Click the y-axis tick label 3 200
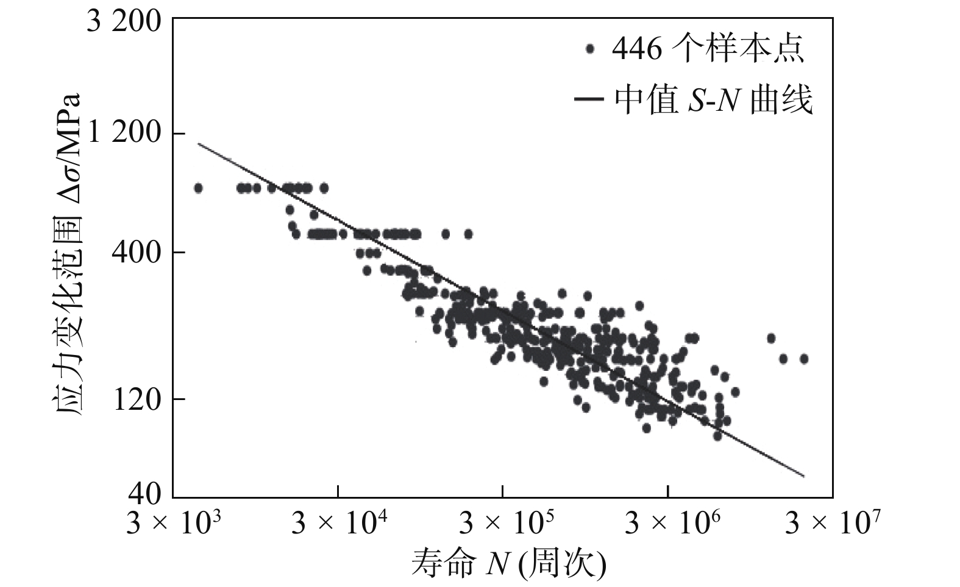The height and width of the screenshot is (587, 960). tap(124, 23)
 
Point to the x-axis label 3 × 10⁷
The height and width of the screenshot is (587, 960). tap(833, 522)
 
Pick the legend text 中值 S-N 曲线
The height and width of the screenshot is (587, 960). tap(713, 100)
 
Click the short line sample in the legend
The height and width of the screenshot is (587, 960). tap(589, 100)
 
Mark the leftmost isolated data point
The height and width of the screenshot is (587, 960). tap(197, 188)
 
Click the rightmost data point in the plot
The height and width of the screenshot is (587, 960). tap(804, 359)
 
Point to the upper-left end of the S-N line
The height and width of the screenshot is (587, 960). tap(198, 144)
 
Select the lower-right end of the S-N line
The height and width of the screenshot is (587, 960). tap(805, 476)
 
